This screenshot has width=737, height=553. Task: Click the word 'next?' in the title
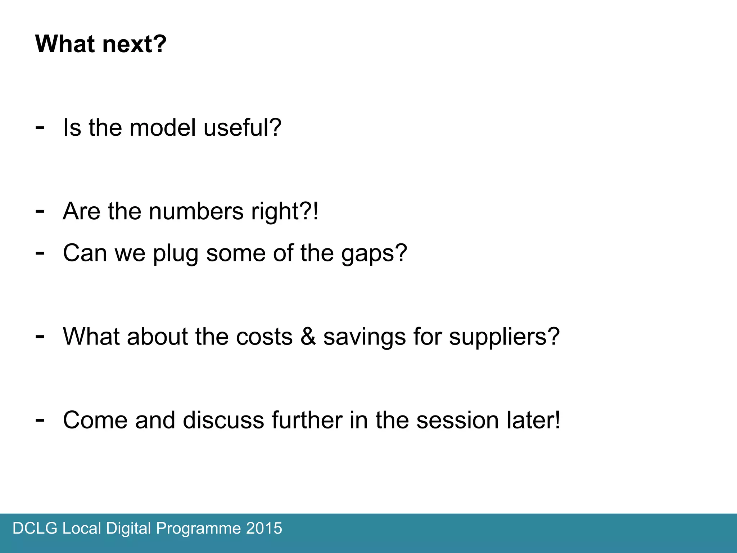(134, 44)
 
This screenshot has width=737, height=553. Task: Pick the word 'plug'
(176, 253)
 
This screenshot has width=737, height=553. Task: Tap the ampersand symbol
(308, 337)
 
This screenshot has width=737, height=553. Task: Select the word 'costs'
(264, 337)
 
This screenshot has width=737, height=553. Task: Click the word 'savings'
(365, 337)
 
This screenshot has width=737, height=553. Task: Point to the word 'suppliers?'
(504, 337)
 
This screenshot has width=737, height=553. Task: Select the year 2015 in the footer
(264, 529)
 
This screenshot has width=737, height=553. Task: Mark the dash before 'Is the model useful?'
(40, 127)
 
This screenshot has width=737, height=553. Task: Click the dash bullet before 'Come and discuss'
(40, 420)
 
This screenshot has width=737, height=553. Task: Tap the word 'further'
(307, 420)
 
